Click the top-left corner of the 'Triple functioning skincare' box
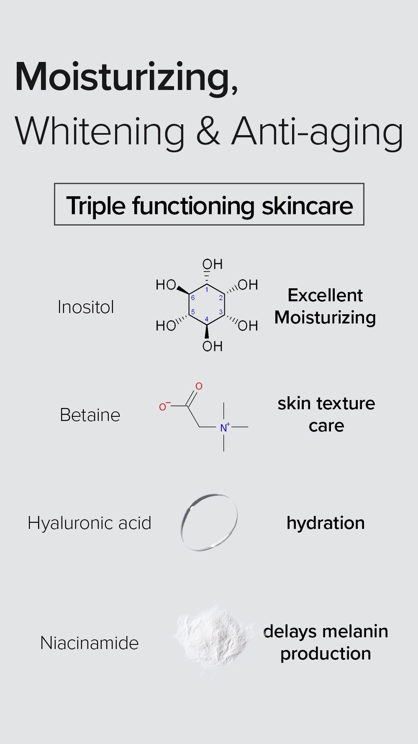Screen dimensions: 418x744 pos(55,184)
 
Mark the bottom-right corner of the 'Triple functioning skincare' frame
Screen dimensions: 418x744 pos(364,224)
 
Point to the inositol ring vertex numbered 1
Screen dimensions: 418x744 pos(207,284)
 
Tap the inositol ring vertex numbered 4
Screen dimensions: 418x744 pos(207,326)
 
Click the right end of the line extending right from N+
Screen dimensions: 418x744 pos(248,427)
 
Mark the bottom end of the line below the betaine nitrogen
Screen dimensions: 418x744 pos(224,451)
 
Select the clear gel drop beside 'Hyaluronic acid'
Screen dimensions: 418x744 pos(209,522)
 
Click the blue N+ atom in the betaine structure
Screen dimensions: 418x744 pos(225,427)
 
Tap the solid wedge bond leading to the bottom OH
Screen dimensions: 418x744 pos(207,332)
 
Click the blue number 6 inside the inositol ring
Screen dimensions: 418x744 pos(193,298)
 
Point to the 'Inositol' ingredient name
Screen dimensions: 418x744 pos(86,307)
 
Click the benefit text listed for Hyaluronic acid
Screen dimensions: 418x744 pos(326,523)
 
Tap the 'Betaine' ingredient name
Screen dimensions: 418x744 pos(90,415)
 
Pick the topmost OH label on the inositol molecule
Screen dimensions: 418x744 pos(213,264)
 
